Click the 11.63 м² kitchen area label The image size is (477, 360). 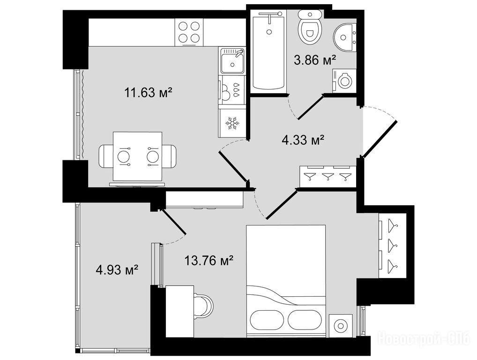pyautogui.click(x=149, y=92)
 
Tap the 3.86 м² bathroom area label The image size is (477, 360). pyautogui.click(x=315, y=60)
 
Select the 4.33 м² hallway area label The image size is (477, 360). pyautogui.click(x=303, y=140)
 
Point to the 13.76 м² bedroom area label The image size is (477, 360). pyautogui.click(x=209, y=261)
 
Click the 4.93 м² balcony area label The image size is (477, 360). pyautogui.click(x=117, y=270)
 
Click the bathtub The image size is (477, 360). pyautogui.click(x=268, y=50)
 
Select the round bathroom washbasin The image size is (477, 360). pyautogui.click(x=345, y=37)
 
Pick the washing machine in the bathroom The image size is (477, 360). pyautogui.click(x=344, y=81)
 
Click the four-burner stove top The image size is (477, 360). pyautogui.click(x=189, y=32)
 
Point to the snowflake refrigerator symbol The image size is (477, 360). pyautogui.click(x=231, y=123)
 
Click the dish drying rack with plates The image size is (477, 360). pyautogui.click(x=231, y=90)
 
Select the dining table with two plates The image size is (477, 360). pyautogui.click(x=137, y=157)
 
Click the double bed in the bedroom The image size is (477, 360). pyautogui.click(x=286, y=281)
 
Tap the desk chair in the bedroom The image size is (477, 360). pyautogui.click(x=204, y=306)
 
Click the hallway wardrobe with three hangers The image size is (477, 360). pyautogui.click(x=328, y=177)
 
